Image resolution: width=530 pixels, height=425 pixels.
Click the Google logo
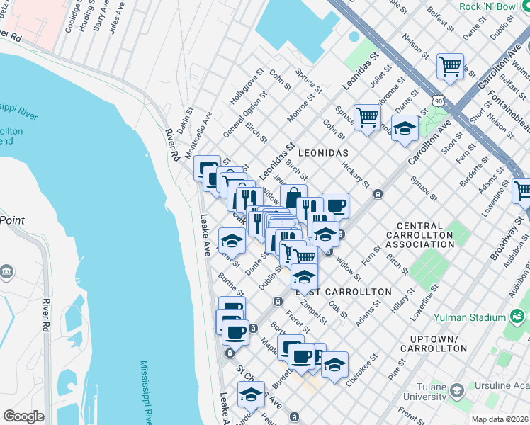(23, 416)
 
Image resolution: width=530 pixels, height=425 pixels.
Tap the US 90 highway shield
(440, 102)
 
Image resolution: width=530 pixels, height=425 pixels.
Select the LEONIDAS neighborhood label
(323, 153)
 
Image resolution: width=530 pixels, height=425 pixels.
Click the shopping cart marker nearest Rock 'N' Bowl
(451, 67)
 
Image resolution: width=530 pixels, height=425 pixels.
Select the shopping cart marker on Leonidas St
(367, 115)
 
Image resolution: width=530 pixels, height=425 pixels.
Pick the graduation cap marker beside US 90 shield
(405, 129)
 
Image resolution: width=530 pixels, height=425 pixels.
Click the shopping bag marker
(293, 196)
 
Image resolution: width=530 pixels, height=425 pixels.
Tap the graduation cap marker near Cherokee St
(335, 364)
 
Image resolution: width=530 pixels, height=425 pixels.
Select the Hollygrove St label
(247, 87)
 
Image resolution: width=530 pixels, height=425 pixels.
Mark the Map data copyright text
(500, 419)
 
